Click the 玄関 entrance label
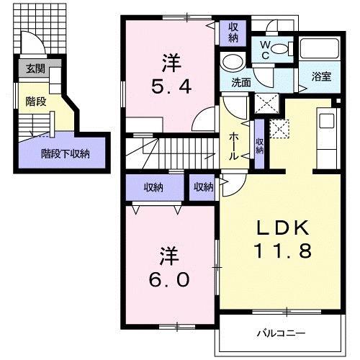(x=34, y=69)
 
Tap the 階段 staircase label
(x=36, y=102)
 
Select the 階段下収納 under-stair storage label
(x=65, y=153)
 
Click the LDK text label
(x=283, y=229)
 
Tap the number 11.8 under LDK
(x=283, y=252)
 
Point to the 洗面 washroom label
(x=241, y=82)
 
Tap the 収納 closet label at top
(x=233, y=32)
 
